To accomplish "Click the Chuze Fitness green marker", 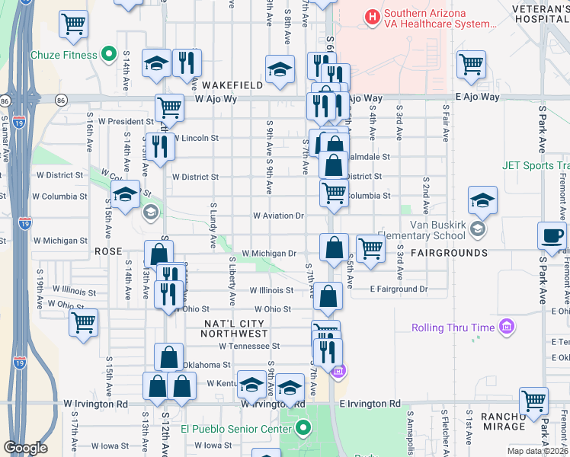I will tap(108, 55).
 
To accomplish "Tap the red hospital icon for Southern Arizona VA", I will tap(372, 16).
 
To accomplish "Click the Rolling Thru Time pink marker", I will tap(506, 328).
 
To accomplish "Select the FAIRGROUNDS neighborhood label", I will tap(450, 252).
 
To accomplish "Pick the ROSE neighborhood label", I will tap(107, 250).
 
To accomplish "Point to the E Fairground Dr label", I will tap(399, 289).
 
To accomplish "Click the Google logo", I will tap(25, 448).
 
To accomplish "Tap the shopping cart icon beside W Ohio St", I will tap(83, 321).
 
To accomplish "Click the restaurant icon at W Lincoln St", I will tap(160, 145).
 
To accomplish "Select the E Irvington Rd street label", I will tap(370, 404).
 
